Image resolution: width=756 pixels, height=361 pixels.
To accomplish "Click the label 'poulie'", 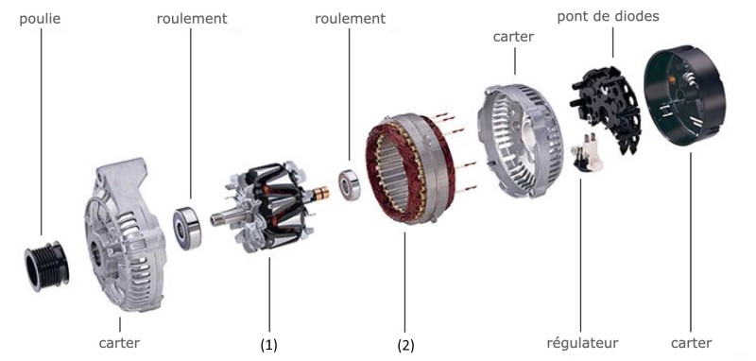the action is (40, 20).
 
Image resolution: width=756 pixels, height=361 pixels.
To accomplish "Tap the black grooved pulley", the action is (46, 266).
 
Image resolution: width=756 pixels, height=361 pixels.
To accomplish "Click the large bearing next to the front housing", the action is (186, 228).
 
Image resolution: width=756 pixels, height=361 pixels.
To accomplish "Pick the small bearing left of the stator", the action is (350, 184).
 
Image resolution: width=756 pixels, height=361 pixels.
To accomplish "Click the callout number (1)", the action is (269, 345).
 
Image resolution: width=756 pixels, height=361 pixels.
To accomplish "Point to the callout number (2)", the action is (405, 345).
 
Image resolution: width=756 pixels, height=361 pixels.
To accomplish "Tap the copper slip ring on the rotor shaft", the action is (321, 194).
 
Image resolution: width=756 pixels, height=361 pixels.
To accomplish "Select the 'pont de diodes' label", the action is (608, 16).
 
